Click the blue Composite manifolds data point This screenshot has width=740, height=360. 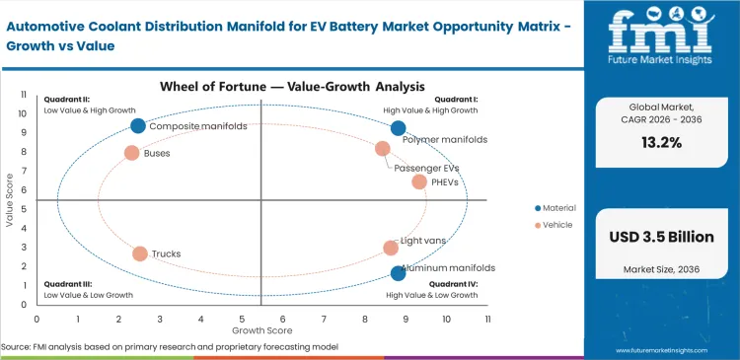point(138,125)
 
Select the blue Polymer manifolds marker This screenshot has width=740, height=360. point(398,128)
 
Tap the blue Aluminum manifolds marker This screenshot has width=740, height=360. point(398,273)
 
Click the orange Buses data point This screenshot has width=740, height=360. point(131,153)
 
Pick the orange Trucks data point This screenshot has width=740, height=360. point(140,253)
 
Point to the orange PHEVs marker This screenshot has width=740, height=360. point(419,181)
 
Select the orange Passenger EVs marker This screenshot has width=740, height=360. point(383,149)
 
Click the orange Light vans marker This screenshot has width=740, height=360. point(391,249)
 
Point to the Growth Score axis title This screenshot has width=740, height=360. point(261,329)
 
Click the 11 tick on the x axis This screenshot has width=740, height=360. point(487,319)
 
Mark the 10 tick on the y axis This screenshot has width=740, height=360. point(25,113)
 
